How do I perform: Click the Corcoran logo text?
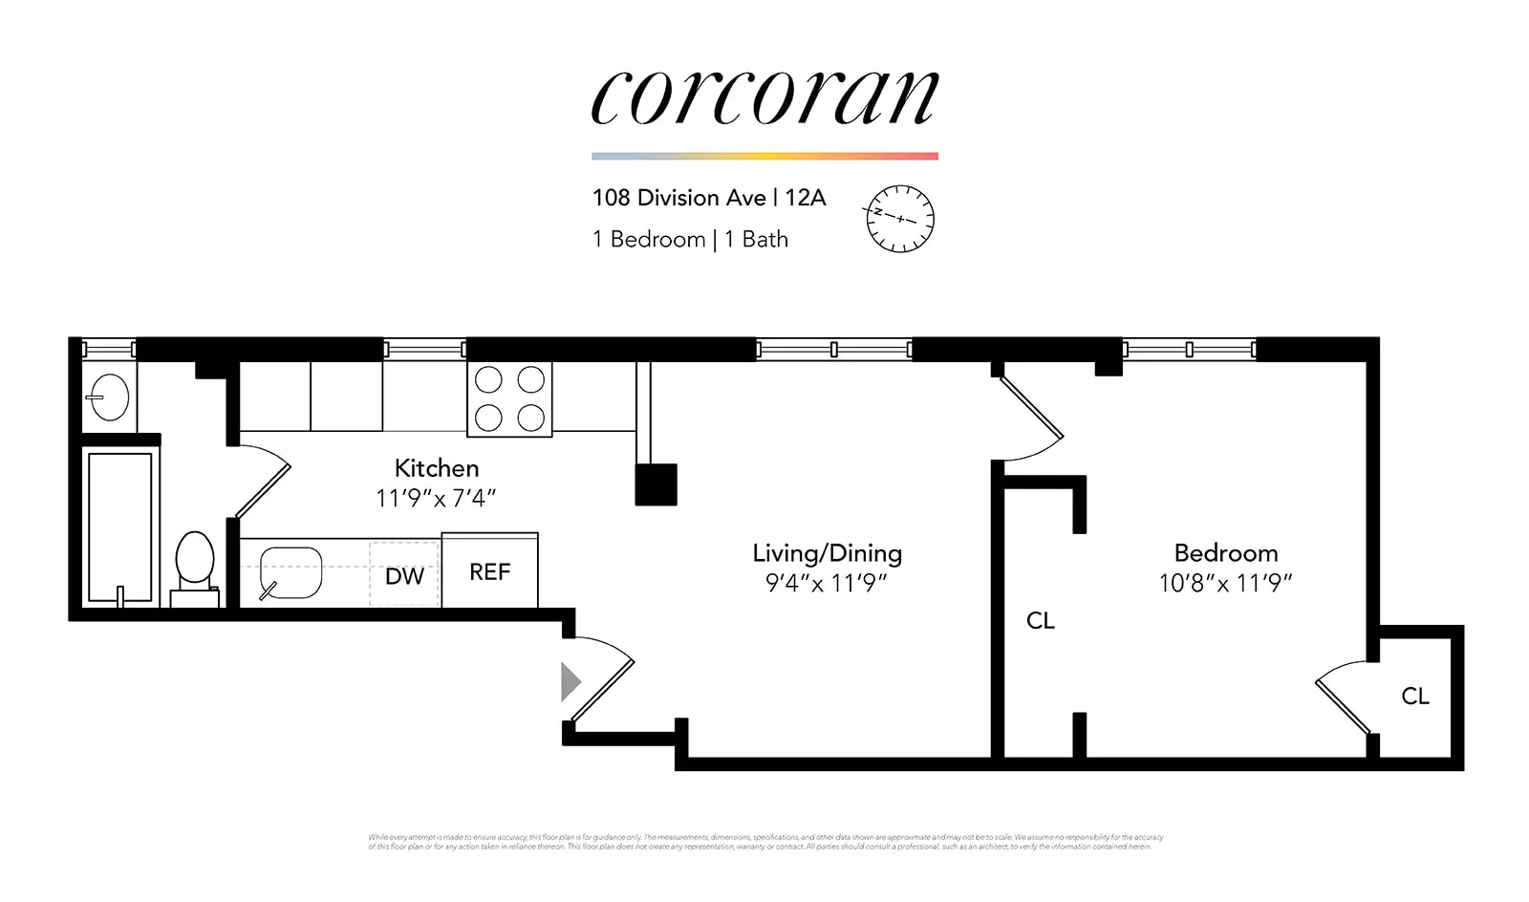764,97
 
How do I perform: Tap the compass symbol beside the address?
899,219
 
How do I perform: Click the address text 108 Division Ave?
678,198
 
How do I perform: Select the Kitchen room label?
437,468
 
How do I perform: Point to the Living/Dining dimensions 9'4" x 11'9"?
827,583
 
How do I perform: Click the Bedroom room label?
1225,553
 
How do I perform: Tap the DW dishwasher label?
404,576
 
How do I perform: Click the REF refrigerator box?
489,571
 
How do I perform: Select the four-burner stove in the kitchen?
509,399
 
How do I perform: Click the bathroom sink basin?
109,397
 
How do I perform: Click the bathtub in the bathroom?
119,527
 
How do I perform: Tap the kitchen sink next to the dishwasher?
291,572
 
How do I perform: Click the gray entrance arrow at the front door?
571,681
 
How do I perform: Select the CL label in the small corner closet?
1415,697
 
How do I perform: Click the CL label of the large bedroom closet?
1040,621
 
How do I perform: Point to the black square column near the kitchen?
657,484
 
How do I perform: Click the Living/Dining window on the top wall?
833,350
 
